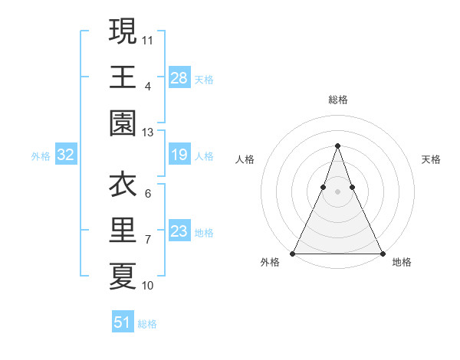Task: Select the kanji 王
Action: coord(123,77)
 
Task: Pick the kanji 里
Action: coord(123,231)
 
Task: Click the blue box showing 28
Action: coord(179,77)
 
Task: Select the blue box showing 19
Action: coord(179,155)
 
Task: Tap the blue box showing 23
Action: coord(179,232)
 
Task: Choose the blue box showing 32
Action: coord(65,155)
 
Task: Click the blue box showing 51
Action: coord(123,322)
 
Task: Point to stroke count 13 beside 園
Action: coord(147,133)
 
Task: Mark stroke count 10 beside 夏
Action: coord(147,286)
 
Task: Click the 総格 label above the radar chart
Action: coord(337,100)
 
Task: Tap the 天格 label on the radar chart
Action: coord(431,159)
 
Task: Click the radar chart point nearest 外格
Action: coord(293,254)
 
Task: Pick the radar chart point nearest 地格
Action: coord(382,254)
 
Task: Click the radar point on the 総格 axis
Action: coord(337,146)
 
